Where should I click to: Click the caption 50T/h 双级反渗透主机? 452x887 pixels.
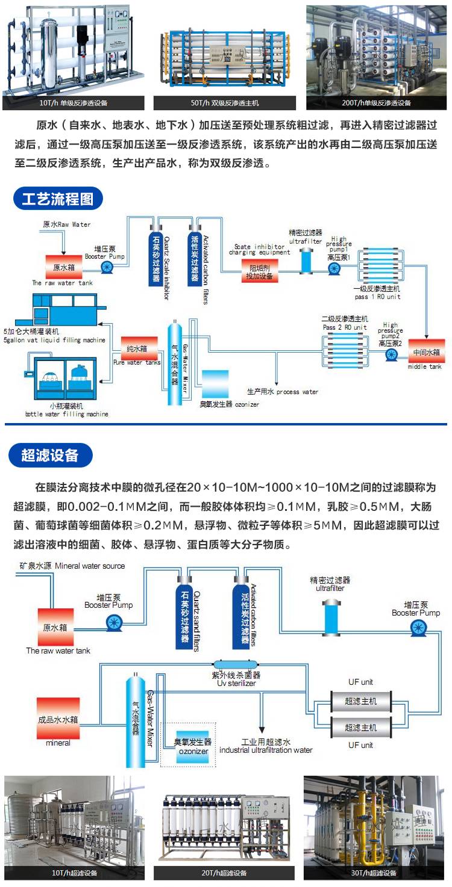pyautogui.click(x=224, y=103)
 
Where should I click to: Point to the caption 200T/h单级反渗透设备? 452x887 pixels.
pyautogui.click(x=376, y=103)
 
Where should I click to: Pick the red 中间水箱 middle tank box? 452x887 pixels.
pyautogui.click(x=427, y=352)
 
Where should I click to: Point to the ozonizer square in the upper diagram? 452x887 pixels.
pyautogui.click(x=215, y=384)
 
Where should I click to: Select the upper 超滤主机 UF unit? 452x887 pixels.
pyautogui.click(x=361, y=701)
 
